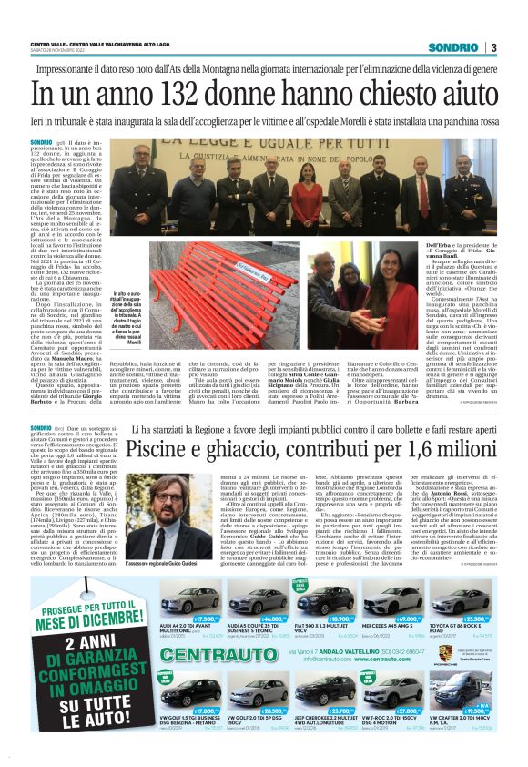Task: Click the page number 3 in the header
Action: pos(492,47)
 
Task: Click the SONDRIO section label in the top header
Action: pos(453,47)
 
